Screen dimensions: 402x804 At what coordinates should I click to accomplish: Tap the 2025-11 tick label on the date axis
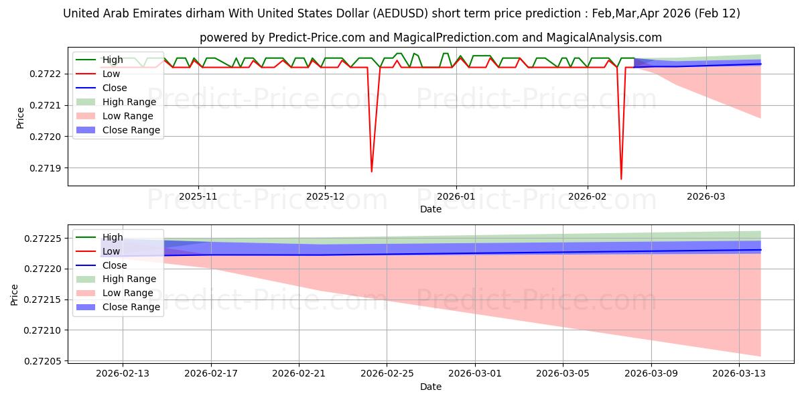click(198, 197)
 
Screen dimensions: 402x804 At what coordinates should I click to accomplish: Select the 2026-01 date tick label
click(456, 197)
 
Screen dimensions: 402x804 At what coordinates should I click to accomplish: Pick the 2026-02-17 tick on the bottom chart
click(211, 374)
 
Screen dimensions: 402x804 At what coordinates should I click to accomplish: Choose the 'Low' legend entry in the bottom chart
click(111, 251)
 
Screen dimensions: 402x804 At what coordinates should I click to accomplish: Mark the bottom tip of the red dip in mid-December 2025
click(371, 172)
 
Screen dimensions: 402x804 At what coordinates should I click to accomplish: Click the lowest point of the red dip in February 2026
click(621, 179)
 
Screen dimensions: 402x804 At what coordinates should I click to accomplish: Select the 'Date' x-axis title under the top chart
click(430, 209)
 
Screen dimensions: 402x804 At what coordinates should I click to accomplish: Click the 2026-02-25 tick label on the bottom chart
click(387, 374)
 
